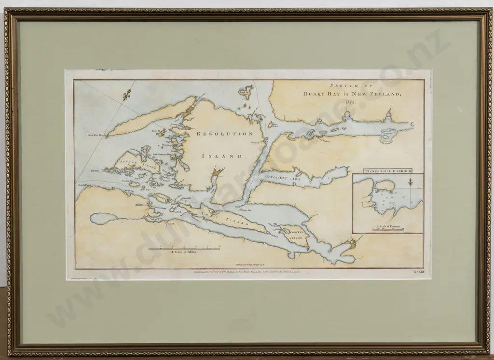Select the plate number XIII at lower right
pos(414,273)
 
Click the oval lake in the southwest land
pos(102,219)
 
